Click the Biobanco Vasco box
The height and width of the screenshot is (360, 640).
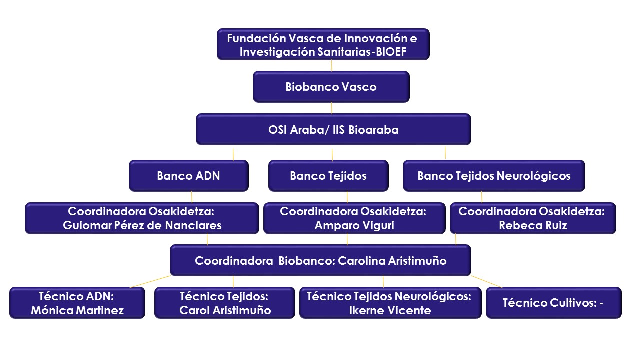(x=331, y=87)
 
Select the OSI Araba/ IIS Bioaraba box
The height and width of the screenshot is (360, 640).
(x=333, y=129)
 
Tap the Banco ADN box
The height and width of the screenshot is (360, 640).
(x=189, y=175)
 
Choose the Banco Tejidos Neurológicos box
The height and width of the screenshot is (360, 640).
(x=494, y=175)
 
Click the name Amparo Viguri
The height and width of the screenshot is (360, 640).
(x=354, y=225)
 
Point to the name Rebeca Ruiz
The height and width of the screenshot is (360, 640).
(x=533, y=225)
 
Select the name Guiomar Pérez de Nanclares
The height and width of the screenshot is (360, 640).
(x=142, y=225)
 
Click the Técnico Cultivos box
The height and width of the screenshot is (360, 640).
(x=553, y=303)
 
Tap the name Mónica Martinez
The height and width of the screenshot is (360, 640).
(x=77, y=310)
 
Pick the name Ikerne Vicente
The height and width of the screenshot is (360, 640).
(x=390, y=310)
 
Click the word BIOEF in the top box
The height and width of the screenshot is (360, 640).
(x=391, y=52)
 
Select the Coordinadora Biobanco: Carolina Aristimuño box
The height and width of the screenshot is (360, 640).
(x=320, y=260)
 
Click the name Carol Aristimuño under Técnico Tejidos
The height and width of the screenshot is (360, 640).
(x=225, y=310)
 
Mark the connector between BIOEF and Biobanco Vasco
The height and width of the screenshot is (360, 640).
(x=331, y=65)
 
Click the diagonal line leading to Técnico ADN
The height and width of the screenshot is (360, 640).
(x=150, y=281)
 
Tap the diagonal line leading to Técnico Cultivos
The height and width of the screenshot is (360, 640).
(x=487, y=281)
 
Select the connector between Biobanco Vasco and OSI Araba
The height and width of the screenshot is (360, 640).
(x=331, y=108)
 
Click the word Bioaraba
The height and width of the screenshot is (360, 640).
(x=373, y=130)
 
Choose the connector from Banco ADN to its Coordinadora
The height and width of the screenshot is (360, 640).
(x=191, y=197)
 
